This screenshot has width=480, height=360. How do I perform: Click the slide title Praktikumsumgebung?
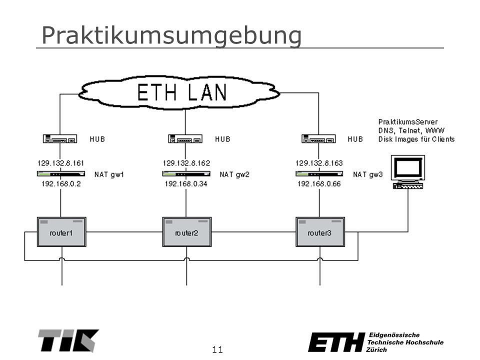(171, 36)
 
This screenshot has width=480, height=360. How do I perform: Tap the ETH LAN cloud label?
(182, 92)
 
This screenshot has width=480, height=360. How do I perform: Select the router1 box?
(61, 232)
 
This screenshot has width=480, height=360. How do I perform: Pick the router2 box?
(186, 232)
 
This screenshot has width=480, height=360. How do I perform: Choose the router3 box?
(320, 232)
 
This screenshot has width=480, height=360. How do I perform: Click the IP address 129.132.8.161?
(60, 163)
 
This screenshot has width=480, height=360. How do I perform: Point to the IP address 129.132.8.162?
(186, 163)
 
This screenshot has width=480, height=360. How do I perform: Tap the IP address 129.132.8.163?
(319, 163)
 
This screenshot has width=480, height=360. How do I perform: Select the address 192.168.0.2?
(61, 183)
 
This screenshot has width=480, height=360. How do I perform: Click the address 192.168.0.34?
(186, 183)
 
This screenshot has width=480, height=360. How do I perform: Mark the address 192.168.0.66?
(319, 183)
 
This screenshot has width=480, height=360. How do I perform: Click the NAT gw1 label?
(109, 174)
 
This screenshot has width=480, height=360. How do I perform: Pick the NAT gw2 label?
(234, 174)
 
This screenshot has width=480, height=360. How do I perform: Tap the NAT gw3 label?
(367, 174)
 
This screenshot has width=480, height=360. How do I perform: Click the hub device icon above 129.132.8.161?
(60, 138)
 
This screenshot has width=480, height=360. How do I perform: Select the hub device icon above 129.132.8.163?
(318, 138)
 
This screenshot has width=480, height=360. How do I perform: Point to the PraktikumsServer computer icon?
(408, 171)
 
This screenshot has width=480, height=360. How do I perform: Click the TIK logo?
(68, 340)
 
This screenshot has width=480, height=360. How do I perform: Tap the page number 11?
(217, 349)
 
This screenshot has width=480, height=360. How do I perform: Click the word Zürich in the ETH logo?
(376, 349)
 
